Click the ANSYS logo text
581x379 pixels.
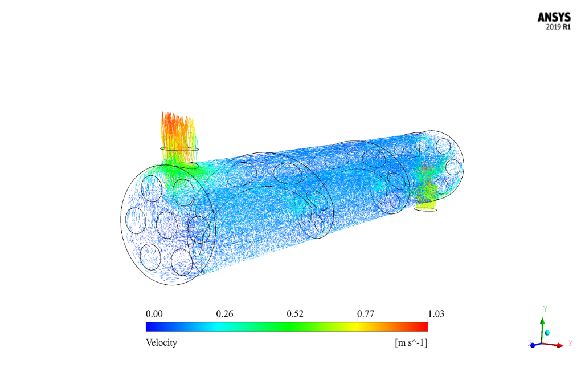(554, 17)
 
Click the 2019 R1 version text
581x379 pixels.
(558, 27)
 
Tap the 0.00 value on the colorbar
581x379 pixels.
(154, 314)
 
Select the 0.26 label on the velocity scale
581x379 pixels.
(224, 314)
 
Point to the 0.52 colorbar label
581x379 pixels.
(295, 314)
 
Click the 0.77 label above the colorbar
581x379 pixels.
(365, 314)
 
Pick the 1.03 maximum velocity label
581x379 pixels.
(436, 314)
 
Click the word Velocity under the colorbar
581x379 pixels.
(161, 342)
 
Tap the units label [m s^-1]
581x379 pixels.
(411, 342)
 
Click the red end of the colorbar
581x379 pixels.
(423, 326)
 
